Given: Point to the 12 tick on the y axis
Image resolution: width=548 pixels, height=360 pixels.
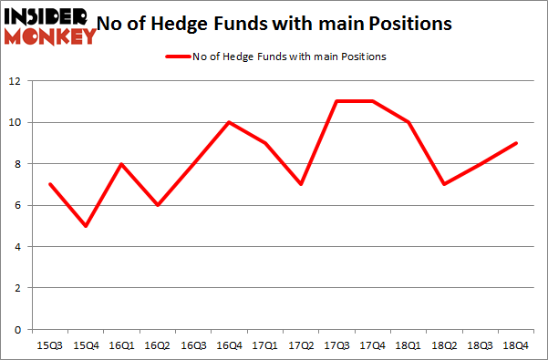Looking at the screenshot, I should (x=15, y=81).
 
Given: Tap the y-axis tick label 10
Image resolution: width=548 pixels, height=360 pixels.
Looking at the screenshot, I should (x=15, y=123).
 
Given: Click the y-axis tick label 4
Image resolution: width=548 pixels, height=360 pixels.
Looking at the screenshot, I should (x=17, y=247).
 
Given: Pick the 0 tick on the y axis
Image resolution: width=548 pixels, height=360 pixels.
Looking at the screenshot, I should (x=17, y=330).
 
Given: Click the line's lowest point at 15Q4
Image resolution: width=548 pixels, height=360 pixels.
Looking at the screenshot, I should (x=86, y=226).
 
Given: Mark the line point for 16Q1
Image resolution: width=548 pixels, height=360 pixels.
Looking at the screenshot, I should (x=121, y=164).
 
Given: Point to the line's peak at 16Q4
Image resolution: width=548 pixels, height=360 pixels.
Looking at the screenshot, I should (x=229, y=122).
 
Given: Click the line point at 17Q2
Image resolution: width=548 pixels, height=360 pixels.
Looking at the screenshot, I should (x=301, y=184).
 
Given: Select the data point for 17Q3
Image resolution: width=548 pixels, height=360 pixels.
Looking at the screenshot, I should (x=336, y=101).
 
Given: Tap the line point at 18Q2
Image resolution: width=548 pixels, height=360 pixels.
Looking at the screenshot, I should (x=445, y=184).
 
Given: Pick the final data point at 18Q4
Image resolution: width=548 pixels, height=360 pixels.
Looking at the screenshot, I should (x=516, y=143).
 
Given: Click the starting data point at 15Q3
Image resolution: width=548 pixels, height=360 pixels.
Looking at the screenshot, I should (x=49, y=184).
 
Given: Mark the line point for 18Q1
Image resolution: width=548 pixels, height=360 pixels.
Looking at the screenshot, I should (x=408, y=122).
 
